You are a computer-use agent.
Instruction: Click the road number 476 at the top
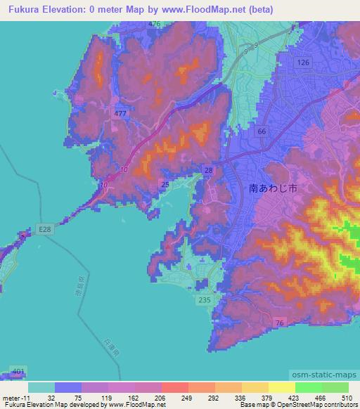click(x=155, y=24)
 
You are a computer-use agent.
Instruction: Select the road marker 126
click(x=302, y=63)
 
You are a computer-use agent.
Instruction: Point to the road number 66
click(x=262, y=131)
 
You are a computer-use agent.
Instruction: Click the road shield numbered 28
click(x=209, y=171)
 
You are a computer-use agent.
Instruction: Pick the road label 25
click(x=165, y=185)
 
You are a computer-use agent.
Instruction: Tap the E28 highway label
click(x=45, y=229)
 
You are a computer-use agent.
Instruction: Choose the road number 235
click(x=205, y=300)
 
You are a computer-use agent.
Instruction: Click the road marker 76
click(x=280, y=322)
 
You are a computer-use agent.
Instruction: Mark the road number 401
click(x=18, y=372)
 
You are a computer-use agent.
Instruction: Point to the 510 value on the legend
click(x=348, y=397)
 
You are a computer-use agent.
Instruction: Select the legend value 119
click(x=106, y=397)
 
